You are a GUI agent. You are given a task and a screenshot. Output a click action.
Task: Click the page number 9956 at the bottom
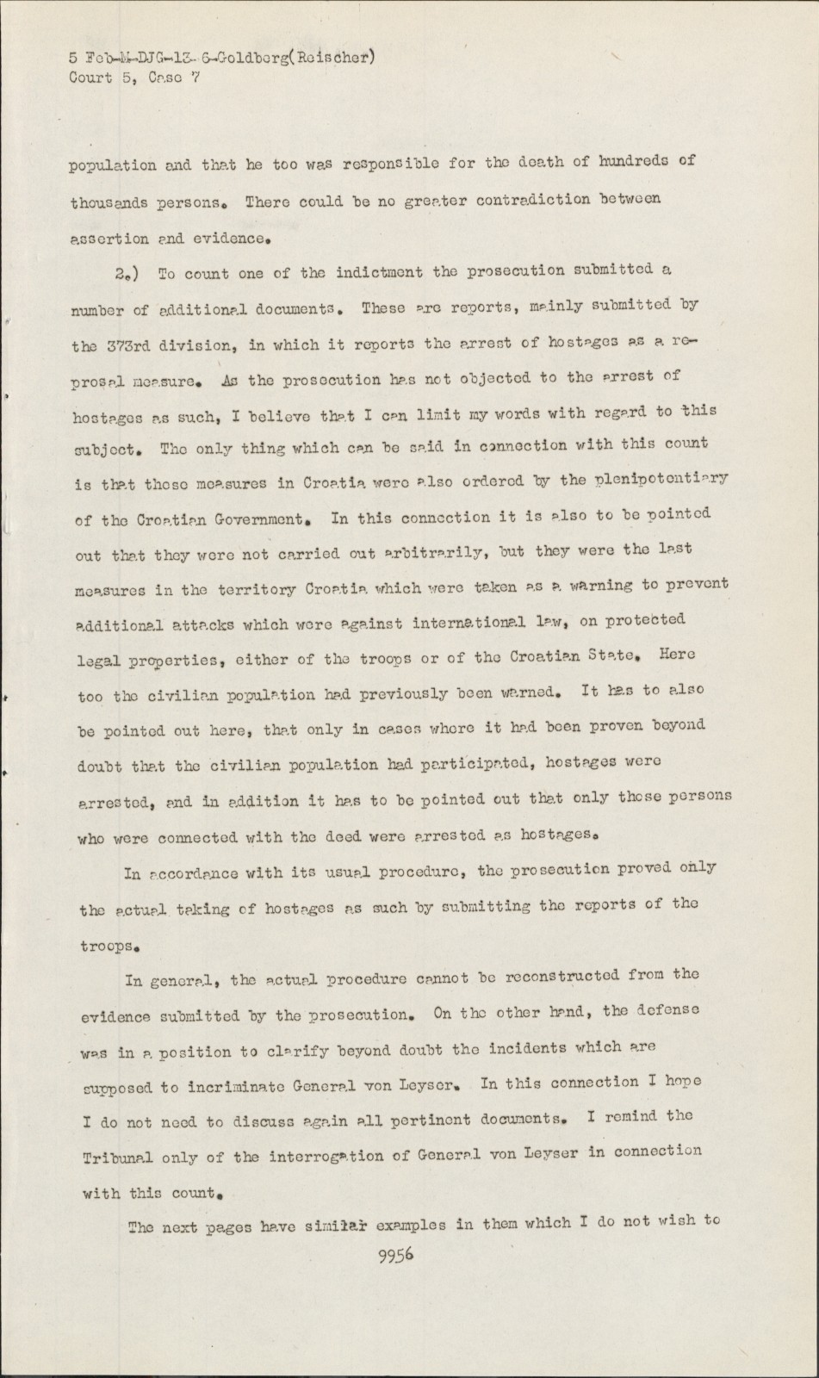point(396,1255)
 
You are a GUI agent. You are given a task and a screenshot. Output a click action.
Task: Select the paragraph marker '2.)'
point(126,275)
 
